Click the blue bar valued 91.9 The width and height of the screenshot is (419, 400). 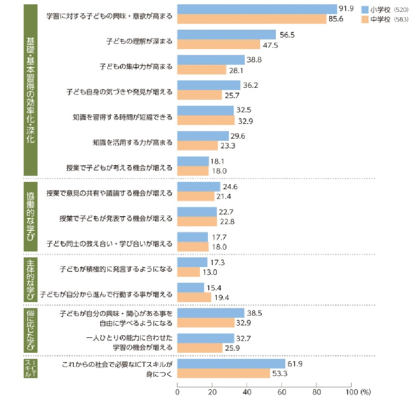pyautogui.click(x=258, y=10)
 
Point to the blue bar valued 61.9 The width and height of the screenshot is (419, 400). pyautogui.click(x=232, y=364)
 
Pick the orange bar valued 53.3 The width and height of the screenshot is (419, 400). pyautogui.click(x=224, y=374)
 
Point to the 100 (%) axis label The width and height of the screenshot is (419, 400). pyautogui.click(x=360, y=391)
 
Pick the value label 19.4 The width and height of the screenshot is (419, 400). pyautogui.click(x=223, y=297)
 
